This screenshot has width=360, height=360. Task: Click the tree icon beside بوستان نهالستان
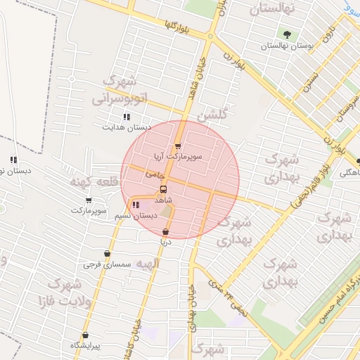tap(286, 34)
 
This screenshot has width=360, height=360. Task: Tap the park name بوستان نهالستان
tap(286, 46)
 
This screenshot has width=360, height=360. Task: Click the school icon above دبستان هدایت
tap(127, 117)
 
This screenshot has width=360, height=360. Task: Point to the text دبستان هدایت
tap(127, 127)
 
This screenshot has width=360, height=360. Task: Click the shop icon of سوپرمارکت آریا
tap(178, 147)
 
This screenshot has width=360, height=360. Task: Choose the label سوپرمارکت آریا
tap(178, 158)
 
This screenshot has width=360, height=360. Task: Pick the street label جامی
tap(155, 173)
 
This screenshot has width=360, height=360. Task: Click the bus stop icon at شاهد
tap(164, 189)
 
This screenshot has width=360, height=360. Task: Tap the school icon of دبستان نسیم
tap(136, 205)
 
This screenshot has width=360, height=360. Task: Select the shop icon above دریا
tap(165, 232)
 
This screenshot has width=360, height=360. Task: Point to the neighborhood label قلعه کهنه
tap(91, 182)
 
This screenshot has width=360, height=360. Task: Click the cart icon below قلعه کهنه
tap(88, 200)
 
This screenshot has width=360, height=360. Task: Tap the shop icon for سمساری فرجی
tap(107, 254)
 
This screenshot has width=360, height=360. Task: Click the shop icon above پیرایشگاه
tap(86, 335)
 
